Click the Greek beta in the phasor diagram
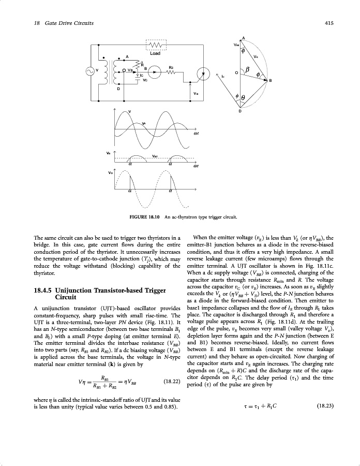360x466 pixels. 248,69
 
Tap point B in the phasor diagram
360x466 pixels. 270,81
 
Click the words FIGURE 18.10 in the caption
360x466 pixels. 134,216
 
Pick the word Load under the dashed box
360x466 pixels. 155,53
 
